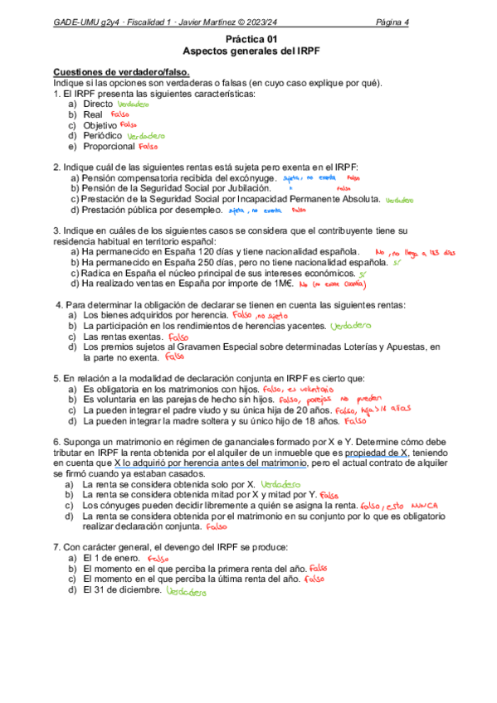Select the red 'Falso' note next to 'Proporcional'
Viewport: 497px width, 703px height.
coord(149,146)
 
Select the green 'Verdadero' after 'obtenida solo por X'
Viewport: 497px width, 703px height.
coord(283,483)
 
